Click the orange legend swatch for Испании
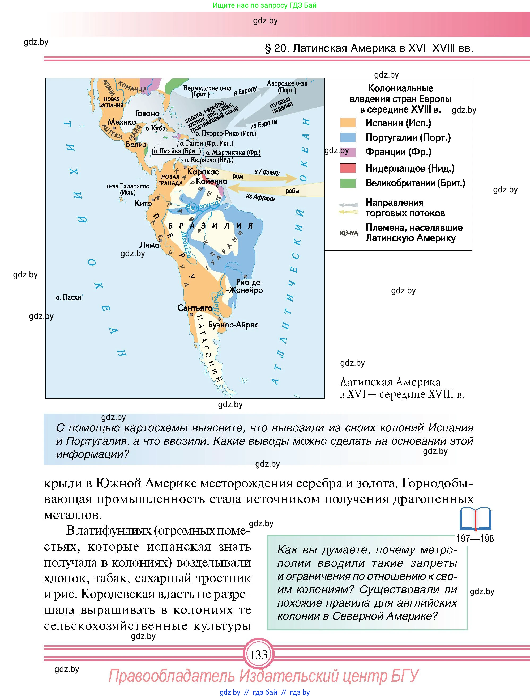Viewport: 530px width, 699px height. pyautogui.click(x=348, y=123)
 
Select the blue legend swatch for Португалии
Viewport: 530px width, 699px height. pyautogui.click(x=348, y=137)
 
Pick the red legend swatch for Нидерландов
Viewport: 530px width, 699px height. pyautogui.click(x=348, y=168)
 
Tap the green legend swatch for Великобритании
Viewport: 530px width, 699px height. pyautogui.click(x=348, y=183)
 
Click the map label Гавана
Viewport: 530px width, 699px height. pyautogui.click(x=147, y=113)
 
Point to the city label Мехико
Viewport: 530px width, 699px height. pyautogui.click(x=122, y=122)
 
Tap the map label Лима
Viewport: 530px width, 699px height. pyautogui.click(x=149, y=245)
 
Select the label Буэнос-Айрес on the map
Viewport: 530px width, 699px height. pyautogui.click(x=233, y=325)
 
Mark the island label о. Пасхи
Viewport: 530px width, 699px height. pyautogui.click(x=69, y=297)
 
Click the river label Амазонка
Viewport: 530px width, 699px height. pyautogui.click(x=202, y=206)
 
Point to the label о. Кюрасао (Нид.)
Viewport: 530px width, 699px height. pyautogui.click(x=209, y=160)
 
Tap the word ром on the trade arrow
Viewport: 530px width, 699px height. pyautogui.click(x=237, y=176)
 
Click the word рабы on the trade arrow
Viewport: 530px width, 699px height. pyautogui.click(x=292, y=191)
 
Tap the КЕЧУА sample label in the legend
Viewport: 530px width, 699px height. pyautogui.click(x=349, y=233)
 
